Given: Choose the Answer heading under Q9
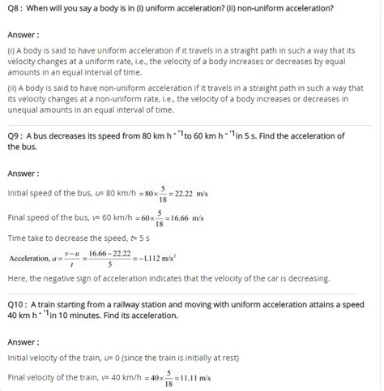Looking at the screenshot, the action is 24,174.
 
